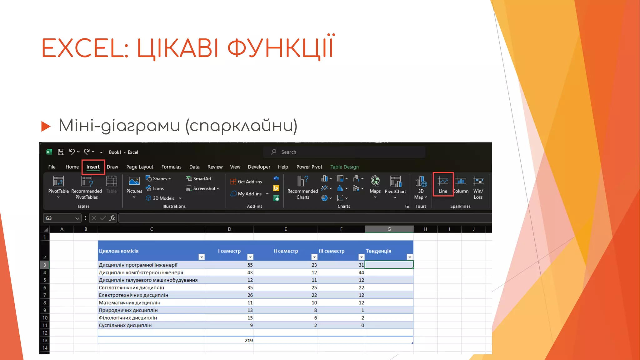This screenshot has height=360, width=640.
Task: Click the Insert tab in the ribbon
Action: point(93,167)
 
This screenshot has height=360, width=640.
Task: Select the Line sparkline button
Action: point(443,184)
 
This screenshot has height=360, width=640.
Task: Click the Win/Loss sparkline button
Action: point(478,188)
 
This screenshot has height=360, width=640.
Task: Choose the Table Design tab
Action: point(344,167)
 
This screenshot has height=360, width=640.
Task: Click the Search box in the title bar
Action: point(344,152)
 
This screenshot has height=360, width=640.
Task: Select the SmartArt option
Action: point(199,178)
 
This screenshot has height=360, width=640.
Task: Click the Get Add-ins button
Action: point(246,182)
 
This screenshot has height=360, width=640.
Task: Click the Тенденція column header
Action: point(378,251)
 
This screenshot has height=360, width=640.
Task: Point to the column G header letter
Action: point(389,229)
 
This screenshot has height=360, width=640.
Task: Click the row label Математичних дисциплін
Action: point(129,302)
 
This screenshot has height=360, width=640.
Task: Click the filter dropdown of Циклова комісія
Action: point(202,257)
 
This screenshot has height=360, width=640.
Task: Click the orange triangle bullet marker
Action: point(46,126)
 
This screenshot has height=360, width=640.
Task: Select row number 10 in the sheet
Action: point(45,318)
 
